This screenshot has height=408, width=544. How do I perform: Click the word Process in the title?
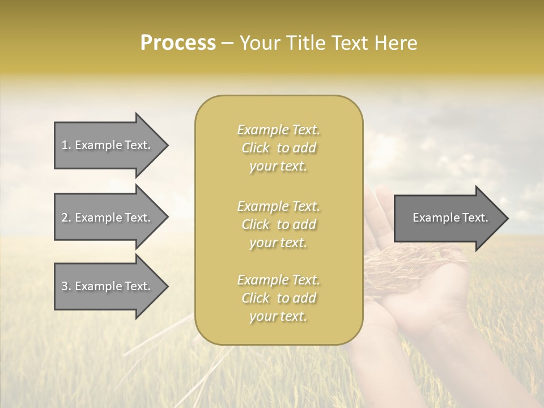pos(178,43)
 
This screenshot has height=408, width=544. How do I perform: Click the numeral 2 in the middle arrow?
pos(65,218)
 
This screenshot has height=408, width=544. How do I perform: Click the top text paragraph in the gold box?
pos(278,148)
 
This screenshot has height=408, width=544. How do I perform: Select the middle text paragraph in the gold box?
pos(278,224)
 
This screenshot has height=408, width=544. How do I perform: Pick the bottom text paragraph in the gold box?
pos(278,298)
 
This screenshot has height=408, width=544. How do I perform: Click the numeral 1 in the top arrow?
pos(65,145)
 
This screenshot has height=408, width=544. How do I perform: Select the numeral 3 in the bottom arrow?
pos(65,286)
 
